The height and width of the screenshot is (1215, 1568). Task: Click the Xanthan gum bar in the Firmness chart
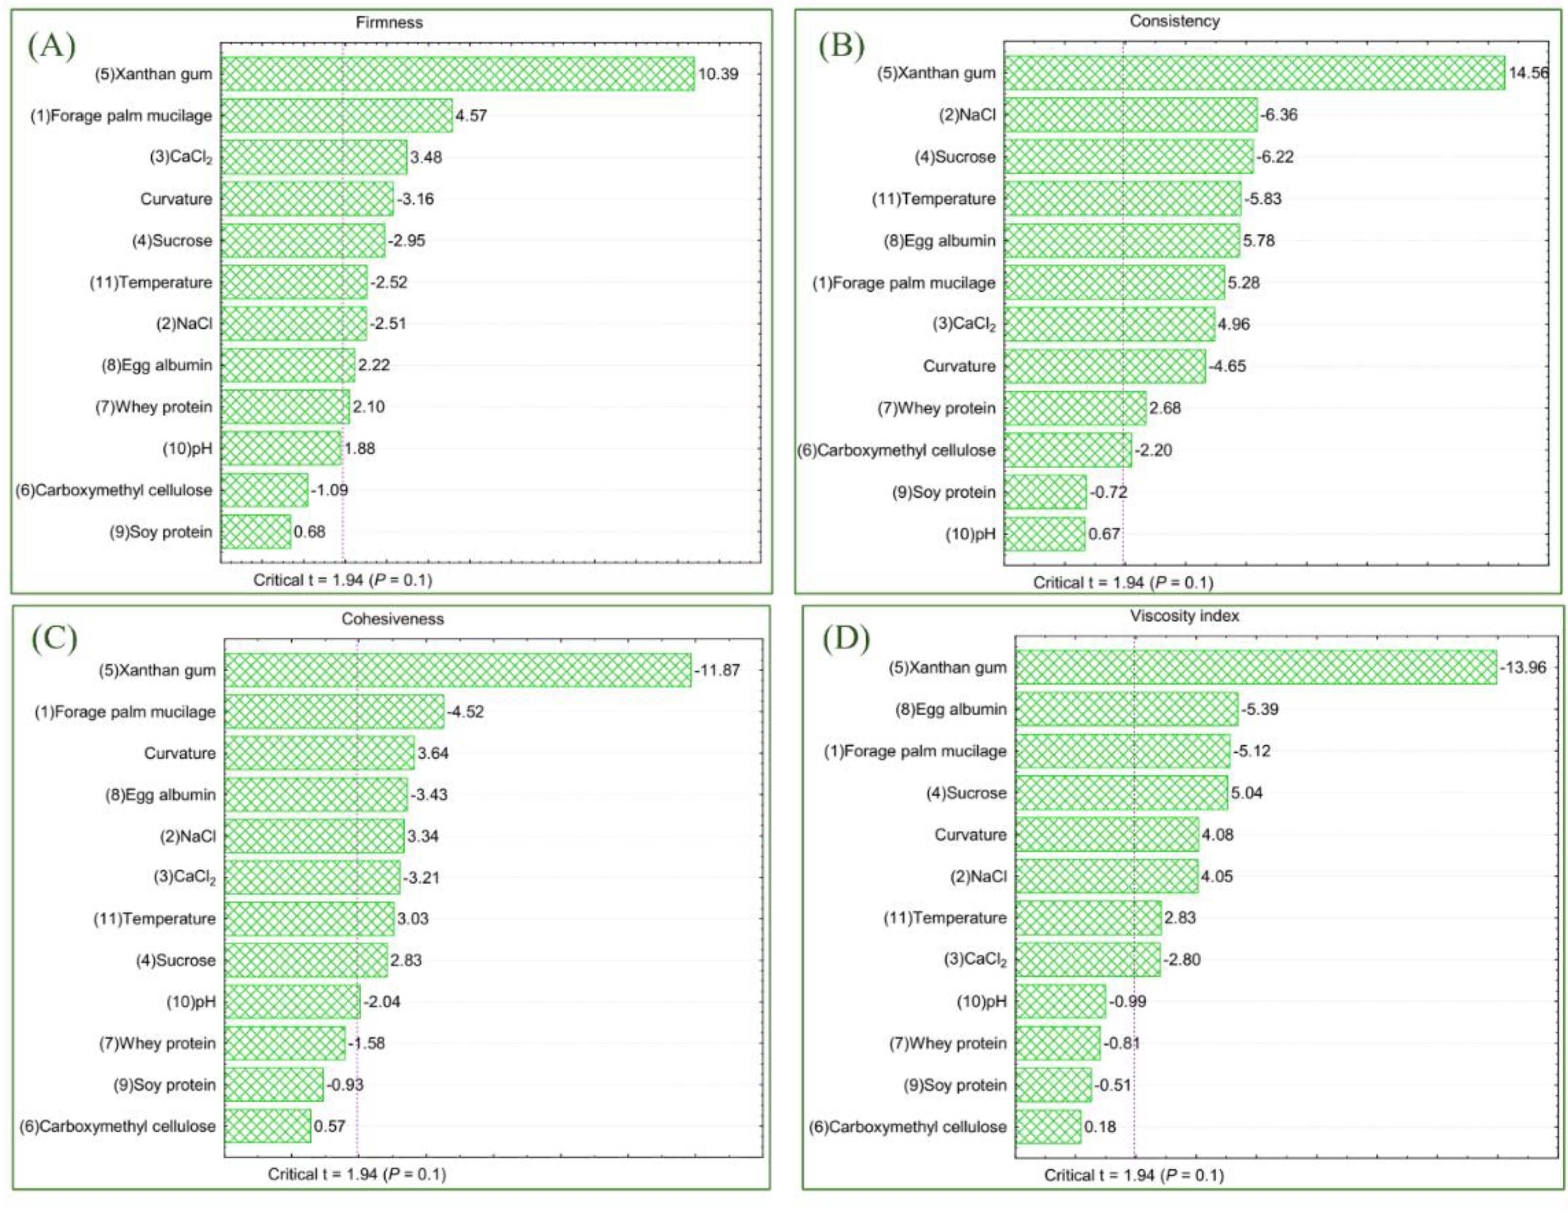click(458, 74)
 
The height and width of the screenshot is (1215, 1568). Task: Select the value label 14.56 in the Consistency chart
click(1528, 72)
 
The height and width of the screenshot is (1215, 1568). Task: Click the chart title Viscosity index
click(1184, 616)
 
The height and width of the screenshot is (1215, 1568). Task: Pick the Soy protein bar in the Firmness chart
click(256, 532)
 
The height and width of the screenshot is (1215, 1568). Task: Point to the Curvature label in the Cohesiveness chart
click(180, 753)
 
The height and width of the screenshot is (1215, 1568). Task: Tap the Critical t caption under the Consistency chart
click(1123, 583)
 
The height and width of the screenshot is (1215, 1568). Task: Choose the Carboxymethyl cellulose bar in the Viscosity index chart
click(1047, 1127)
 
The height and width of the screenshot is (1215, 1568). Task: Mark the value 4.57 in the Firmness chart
click(471, 116)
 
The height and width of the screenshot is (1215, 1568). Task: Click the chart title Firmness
click(389, 22)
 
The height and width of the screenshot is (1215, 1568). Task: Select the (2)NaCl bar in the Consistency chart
click(1130, 115)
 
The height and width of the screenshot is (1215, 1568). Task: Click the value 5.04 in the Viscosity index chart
click(1247, 793)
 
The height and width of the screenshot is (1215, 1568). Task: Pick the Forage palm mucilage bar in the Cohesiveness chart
click(334, 712)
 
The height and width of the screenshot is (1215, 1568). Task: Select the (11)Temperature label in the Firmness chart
click(151, 282)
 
